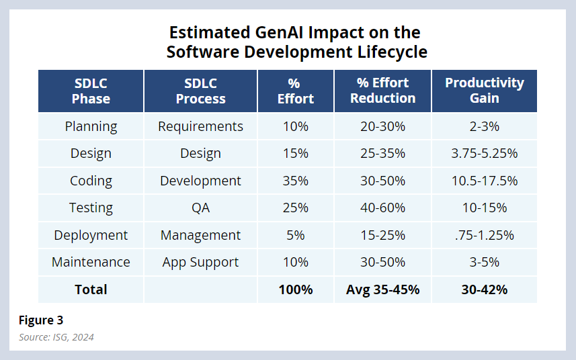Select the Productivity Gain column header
click(484, 91)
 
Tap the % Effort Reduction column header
click(382, 91)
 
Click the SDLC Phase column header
click(91, 91)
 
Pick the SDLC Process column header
click(200, 91)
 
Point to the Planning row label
click(91, 126)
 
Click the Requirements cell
click(200, 126)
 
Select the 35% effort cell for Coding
click(295, 181)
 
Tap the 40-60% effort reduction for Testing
click(382, 208)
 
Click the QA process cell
click(200, 208)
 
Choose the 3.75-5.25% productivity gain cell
click(484, 153)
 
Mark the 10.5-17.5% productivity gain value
click(484, 181)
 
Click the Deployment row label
click(91, 235)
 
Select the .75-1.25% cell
click(484, 235)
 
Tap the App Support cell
click(200, 262)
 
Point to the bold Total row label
click(91, 289)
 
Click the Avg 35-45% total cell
click(382, 289)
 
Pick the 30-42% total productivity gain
click(484, 289)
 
